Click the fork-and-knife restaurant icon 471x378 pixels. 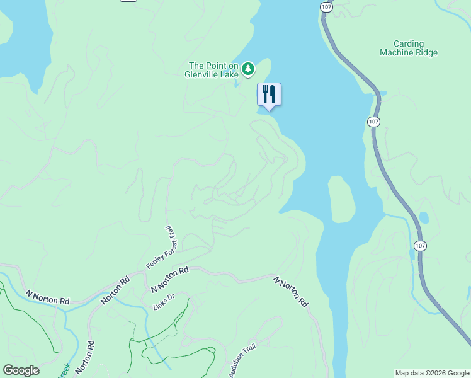click(x=269, y=94)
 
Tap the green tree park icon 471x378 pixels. click(x=249, y=69)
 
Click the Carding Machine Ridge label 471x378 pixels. click(x=408, y=49)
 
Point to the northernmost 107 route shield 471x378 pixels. click(x=326, y=6)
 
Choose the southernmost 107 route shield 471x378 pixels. click(x=420, y=244)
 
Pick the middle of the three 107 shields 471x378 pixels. click(x=374, y=121)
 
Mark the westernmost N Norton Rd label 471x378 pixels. click(x=47, y=297)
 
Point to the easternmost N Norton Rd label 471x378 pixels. click(x=291, y=291)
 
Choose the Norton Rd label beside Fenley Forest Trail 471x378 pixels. click(x=115, y=289)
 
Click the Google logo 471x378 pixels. click(x=21, y=370)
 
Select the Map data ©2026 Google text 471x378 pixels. click(x=432, y=373)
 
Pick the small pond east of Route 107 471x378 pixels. click(x=424, y=218)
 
